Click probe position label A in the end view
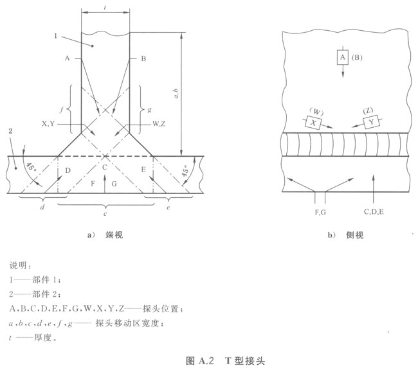click(x=67, y=58)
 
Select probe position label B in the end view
click(x=143, y=58)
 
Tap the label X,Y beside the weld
click(x=49, y=123)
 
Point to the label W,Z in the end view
click(x=160, y=123)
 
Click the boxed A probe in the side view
click(x=342, y=57)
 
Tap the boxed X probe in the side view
click(x=314, y=122)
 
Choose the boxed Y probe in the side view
click(x=370, y=122)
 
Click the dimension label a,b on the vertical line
click(x=177, y=95)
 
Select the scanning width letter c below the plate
click(x=106, y=213)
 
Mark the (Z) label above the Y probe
click(x=368, y=109)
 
